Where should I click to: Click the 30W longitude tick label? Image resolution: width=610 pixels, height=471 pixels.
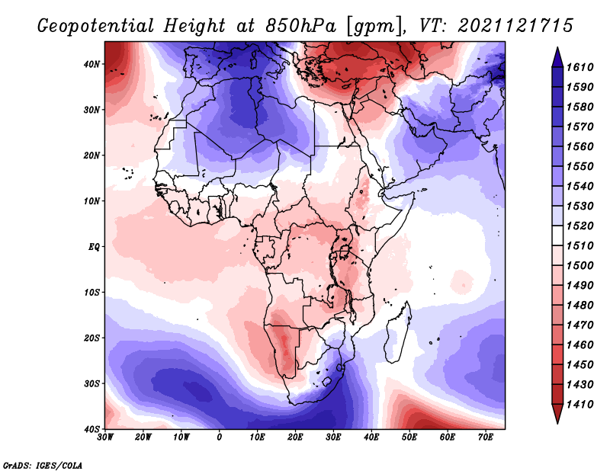tap(106, 437)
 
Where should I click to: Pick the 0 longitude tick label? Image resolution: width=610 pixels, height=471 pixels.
tap(220, 437)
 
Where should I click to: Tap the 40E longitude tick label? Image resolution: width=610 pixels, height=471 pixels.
tap(371, 437)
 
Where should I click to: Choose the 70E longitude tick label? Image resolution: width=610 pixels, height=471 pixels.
tap(485, 437)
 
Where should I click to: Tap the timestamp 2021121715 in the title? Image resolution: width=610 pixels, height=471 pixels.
tap(516, 26)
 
